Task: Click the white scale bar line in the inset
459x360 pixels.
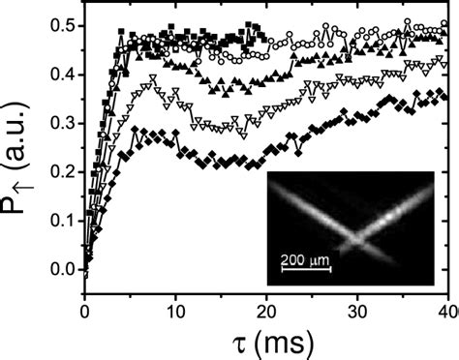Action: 305,270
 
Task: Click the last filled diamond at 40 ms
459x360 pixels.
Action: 444,96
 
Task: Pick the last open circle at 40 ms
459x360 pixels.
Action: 444,27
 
